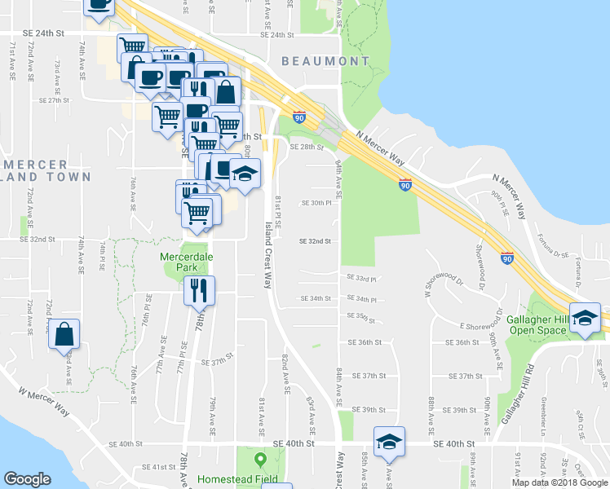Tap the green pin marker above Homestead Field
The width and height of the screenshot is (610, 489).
(x=260, y=459)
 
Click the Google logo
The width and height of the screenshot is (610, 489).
(x=27, y=479)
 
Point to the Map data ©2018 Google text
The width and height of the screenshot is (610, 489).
(x=559, y=482)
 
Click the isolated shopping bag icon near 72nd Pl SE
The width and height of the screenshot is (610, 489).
(x=64, y=334)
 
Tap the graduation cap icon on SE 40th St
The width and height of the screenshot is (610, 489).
(x=389, y=442)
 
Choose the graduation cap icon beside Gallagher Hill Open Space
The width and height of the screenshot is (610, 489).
(x=585, y=317)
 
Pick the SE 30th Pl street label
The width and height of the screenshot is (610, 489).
(x=316, y=203)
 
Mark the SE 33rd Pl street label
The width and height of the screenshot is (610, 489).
(x=361, y=279)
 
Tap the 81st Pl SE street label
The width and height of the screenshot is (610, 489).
(x=278, y=210)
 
